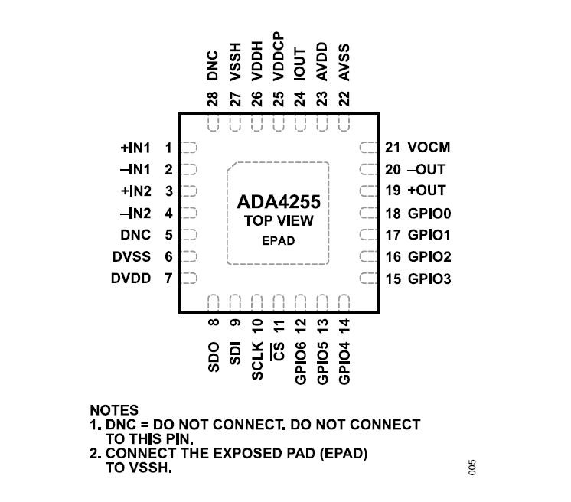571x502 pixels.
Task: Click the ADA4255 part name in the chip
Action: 277,203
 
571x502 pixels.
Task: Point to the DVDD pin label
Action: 132,279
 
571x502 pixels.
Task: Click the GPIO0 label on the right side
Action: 429,214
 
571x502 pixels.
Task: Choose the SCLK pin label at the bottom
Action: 258,360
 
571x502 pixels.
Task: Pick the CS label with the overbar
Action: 279,351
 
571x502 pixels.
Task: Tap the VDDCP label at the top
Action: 279,57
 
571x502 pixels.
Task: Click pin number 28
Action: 214,99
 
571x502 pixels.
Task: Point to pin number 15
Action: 393,279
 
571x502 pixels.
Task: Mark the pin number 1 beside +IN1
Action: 168,147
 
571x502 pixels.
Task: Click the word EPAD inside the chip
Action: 277,241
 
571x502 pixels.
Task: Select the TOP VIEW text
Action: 277,222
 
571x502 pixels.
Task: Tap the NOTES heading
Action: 114,411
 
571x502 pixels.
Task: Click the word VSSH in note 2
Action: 151,468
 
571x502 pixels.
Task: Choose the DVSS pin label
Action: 132,257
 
